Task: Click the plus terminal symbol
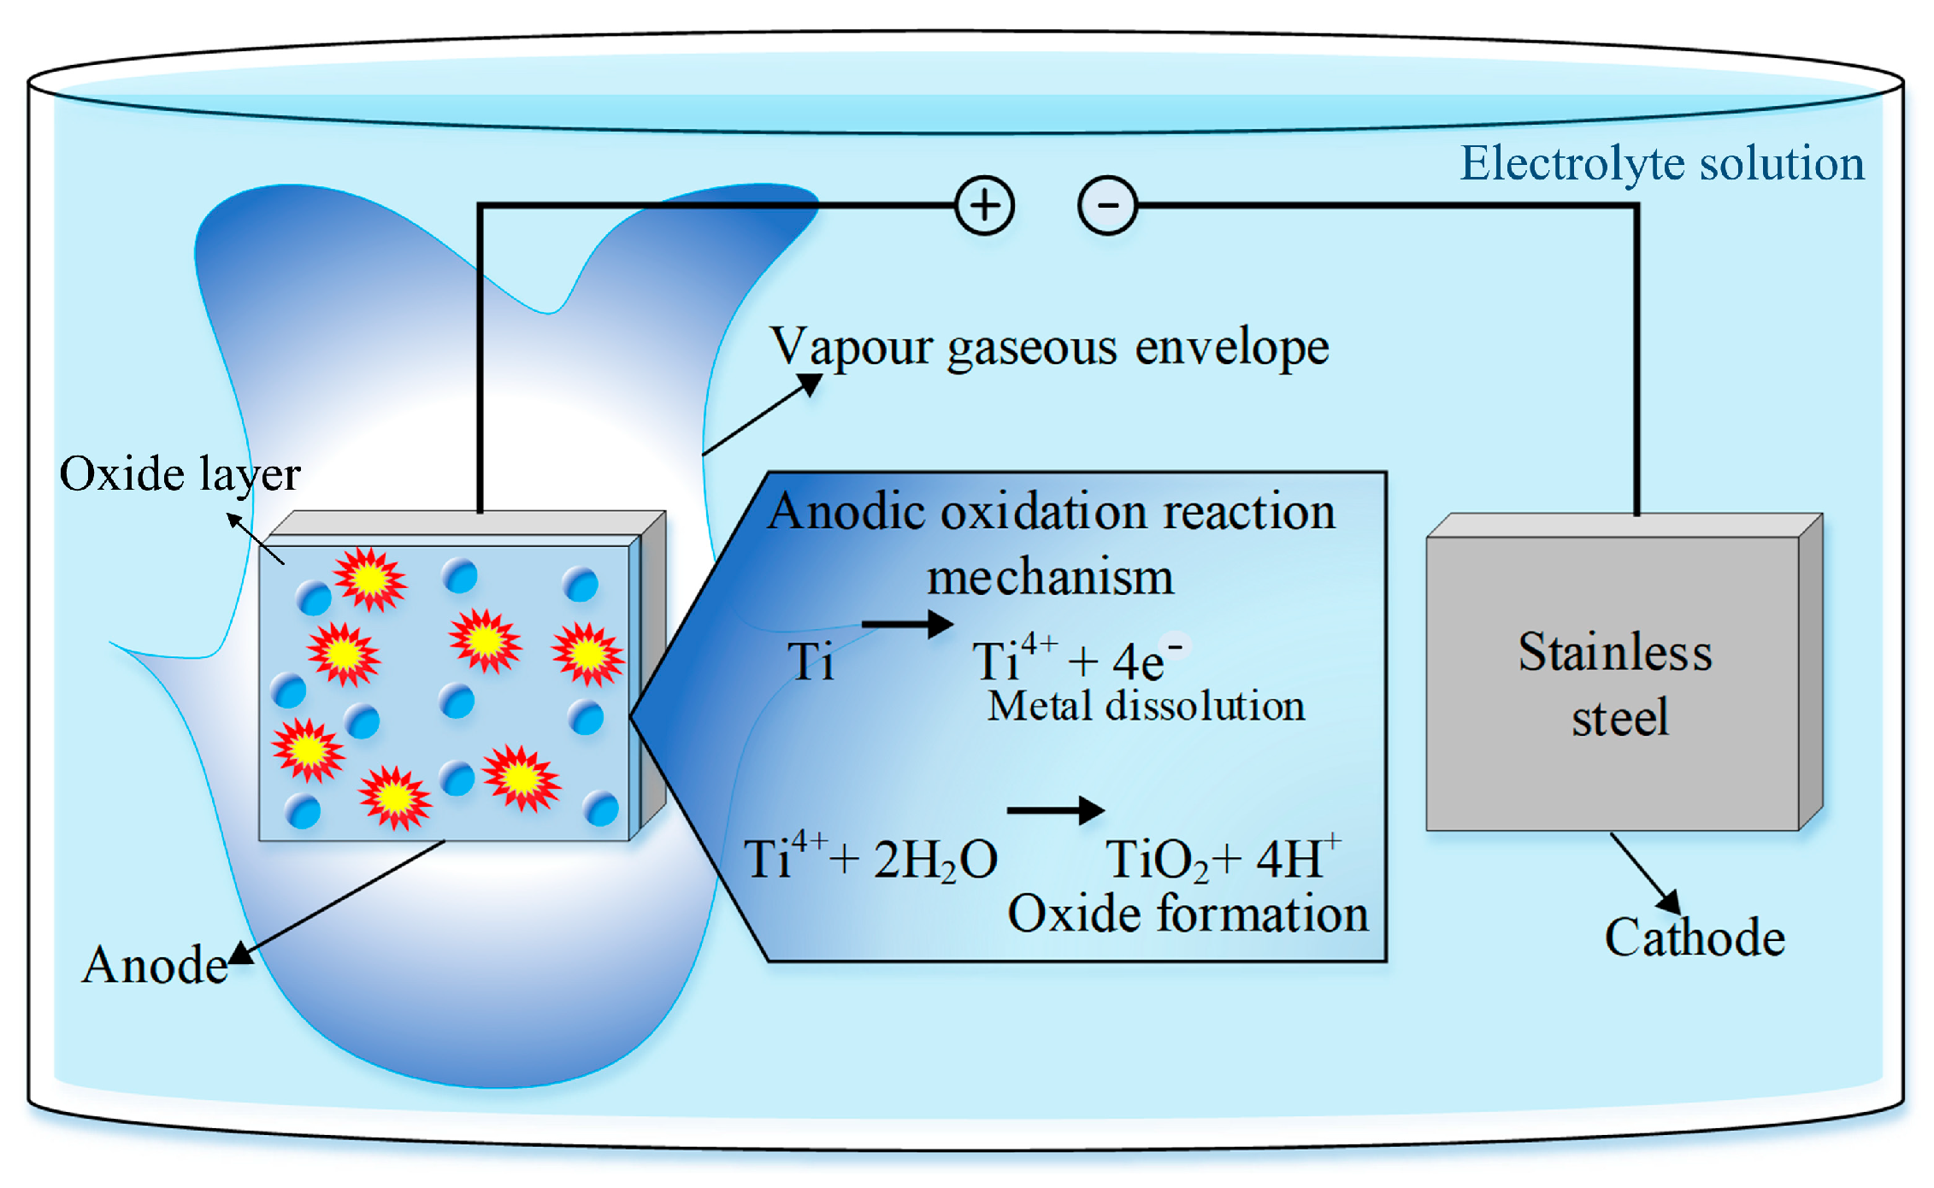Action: coord(984,205)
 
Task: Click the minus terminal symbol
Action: coord(1107,205)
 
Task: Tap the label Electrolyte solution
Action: coord(1661,163)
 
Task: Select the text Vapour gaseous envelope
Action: coord(1049,348)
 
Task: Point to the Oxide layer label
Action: coord(180,474)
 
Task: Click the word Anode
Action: coord(155,965)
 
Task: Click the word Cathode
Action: coord(1695,938)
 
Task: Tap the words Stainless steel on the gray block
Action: coord(1616,684)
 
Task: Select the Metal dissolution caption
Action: coord(1146,707)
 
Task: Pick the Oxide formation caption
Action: coord(1188,914)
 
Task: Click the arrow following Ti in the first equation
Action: coord(907,624)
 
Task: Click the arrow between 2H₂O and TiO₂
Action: coord(1056,810)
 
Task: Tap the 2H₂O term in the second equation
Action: coord(935,860)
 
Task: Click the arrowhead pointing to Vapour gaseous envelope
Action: coord(809,385)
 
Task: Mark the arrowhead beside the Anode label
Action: coord(241,952)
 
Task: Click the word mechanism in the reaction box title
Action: coord(1050,577)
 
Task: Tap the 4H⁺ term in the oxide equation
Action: coord(1300,857)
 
